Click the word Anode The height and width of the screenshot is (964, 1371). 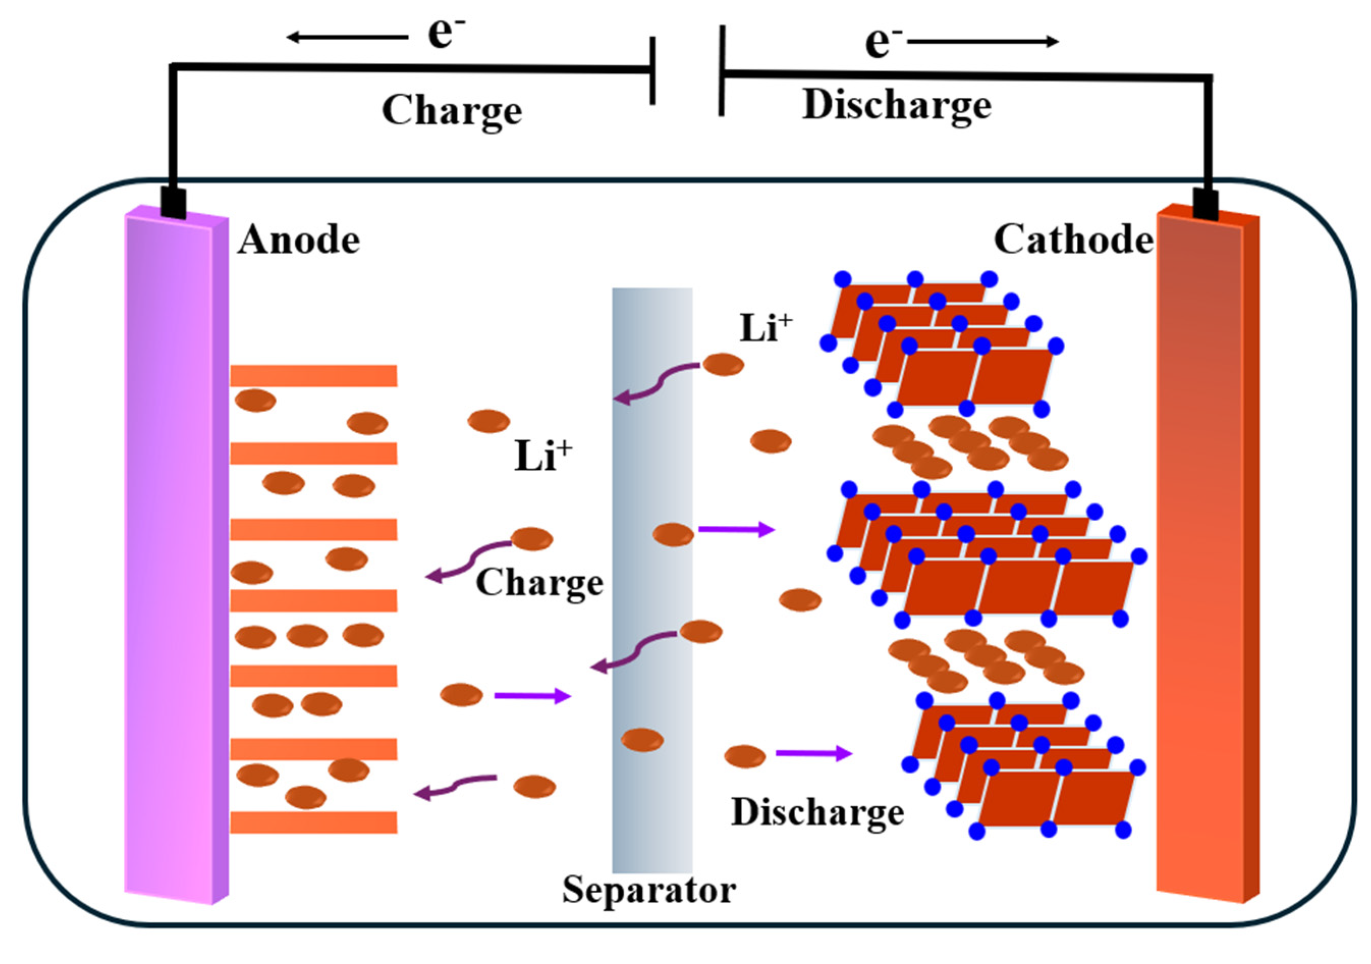tap(298, 241)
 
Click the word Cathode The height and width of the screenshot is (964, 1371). tap(1073, 241)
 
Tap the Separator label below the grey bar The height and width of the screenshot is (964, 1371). tap(649, 890)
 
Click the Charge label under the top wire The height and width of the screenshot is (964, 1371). tap(452, 111)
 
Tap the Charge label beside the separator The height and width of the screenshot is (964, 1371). tap(539, 583)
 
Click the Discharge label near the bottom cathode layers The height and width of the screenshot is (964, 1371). tap(818, 813)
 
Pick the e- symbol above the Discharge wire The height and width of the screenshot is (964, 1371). tap(884, 42)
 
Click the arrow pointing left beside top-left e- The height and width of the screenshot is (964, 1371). tap(346, 38)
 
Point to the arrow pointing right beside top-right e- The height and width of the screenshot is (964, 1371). tap(982, 41)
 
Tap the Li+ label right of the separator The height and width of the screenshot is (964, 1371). tap(766, 328)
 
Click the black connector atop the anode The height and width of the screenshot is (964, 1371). tap(174, 204)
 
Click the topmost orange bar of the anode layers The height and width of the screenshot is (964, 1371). tap(314, 376)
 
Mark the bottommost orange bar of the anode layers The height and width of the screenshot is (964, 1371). tap(314, 822)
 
